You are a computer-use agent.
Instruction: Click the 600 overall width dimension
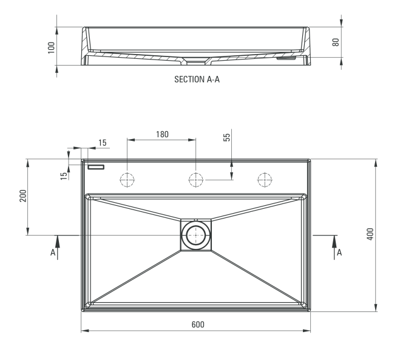[x=197, y=325]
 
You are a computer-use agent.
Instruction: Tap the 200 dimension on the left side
[x=22, y=196]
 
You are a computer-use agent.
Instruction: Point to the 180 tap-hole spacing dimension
[x=162, y=134]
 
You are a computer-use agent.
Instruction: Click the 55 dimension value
[x=227, y=137]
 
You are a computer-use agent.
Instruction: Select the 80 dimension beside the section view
[x=335, y=42]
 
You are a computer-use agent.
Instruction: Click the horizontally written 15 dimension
[x=102, y=143]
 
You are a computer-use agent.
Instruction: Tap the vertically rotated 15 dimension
[x=64, y=175]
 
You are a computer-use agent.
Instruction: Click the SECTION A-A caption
[x=197, y=79]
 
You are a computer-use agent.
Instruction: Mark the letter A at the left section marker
[x=53, y=252]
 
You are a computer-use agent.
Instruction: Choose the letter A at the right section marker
[x=339, y=252]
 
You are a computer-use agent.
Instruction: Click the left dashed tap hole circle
[x=127, y=180]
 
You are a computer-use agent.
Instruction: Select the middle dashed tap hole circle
[x=196, y=180]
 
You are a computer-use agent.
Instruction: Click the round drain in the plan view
[x=196, y=234]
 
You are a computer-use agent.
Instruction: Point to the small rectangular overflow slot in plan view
[x=96, y=166]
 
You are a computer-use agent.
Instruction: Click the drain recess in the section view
[x=196, y=60]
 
